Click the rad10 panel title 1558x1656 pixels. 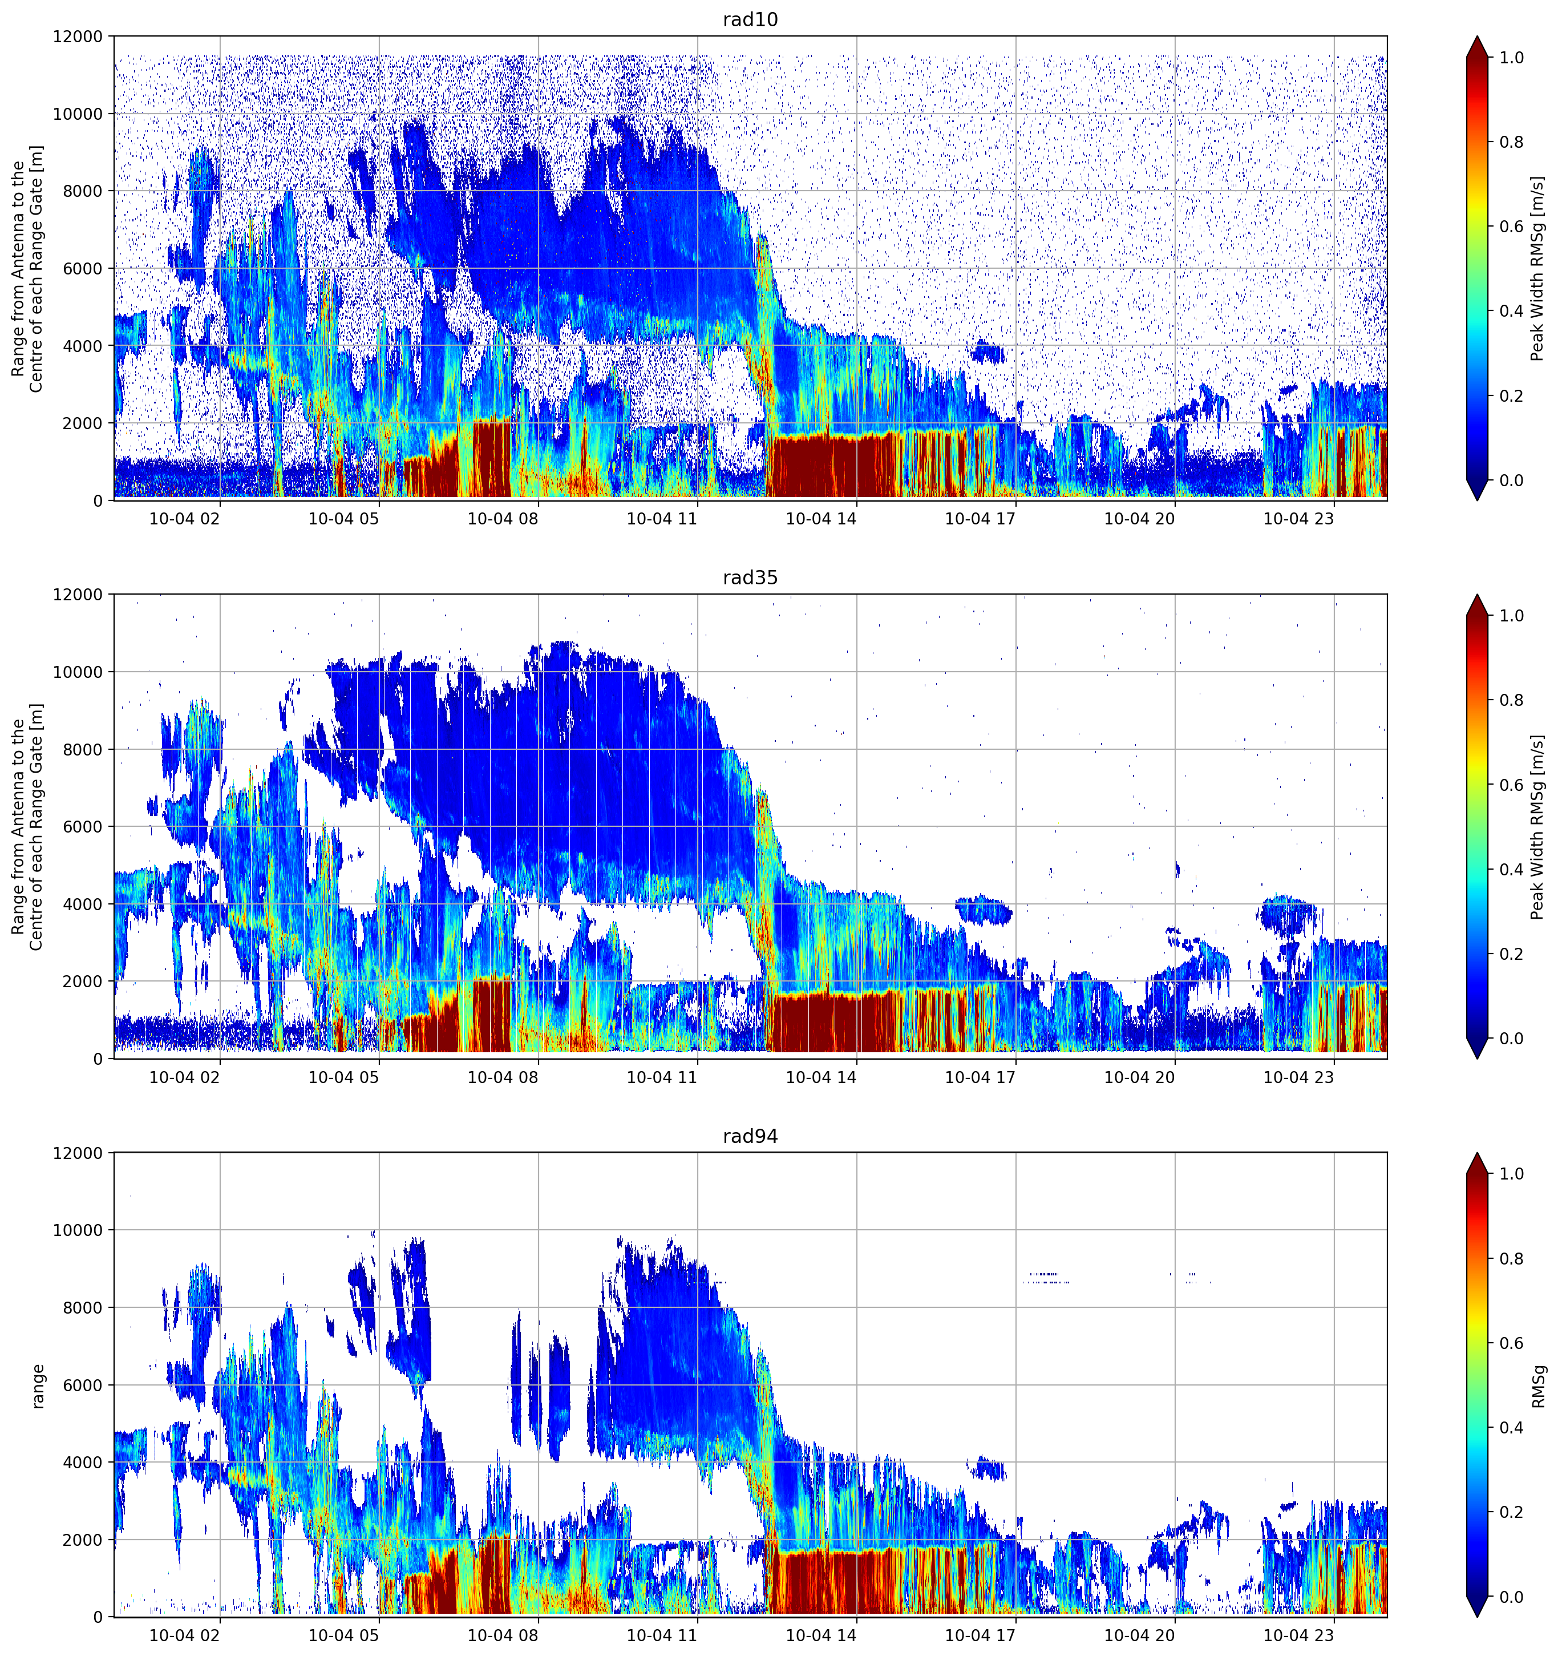[750, 20]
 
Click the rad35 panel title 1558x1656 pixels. [750, 578]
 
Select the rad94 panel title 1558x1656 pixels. [750, 1136]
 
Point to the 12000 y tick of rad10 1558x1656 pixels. [78, 37]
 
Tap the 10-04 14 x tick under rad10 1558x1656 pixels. [820, 519]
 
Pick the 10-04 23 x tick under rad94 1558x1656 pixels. [1298, 1635]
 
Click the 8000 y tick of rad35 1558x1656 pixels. [83, 750]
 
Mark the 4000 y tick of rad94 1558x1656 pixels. [83, 1462]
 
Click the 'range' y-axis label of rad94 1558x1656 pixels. [38, 1386]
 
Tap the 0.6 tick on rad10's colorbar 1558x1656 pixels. [1511, 227]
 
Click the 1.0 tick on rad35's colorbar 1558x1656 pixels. [1511, 616]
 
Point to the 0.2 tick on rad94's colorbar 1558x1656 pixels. [1511, 1512]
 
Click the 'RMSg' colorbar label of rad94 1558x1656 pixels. [1538, 1386]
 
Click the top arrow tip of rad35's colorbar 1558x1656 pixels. [1477, 595]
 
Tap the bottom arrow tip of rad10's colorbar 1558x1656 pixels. [1477, 500]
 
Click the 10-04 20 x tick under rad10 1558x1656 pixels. [1139, 519]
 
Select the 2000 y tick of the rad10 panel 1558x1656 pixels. [83, 423]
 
